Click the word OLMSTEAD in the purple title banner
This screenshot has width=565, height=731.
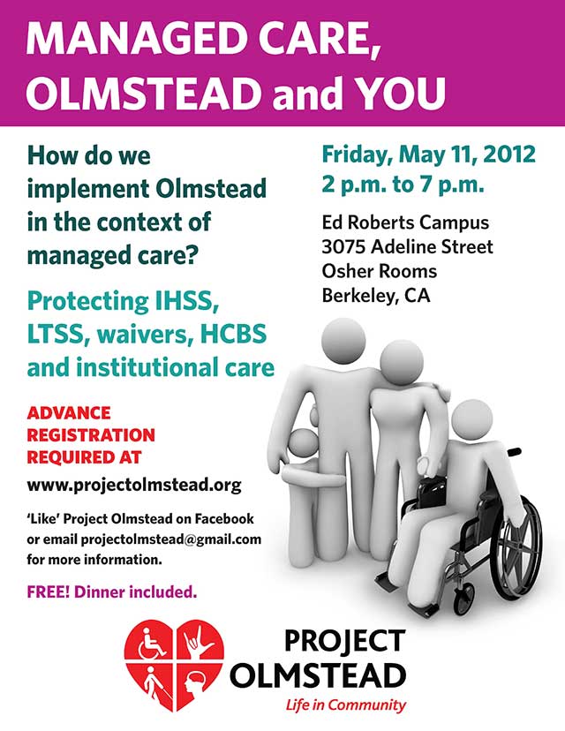[x=143, y=92]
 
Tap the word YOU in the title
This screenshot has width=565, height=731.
[x=402, y=92]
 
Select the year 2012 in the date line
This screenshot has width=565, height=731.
[x=509, y=154]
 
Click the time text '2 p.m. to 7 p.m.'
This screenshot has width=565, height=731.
[x=403, y=185]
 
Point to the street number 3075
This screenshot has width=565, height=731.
[x=343, y=246]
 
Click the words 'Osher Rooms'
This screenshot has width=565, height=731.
[x=380, y=271]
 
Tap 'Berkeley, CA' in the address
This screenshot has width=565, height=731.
[x=376, y=296]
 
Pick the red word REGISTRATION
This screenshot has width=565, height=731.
[x=91, y=435]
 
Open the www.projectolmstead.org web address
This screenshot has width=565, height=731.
[x=134, y=485]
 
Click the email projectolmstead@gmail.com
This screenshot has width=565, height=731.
[x=171, y=539]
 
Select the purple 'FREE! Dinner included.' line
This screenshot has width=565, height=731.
[x=112, y=592]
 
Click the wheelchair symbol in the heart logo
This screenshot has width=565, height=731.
[x=153, y=644]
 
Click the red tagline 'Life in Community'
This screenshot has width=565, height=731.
[x=346, y=705]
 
